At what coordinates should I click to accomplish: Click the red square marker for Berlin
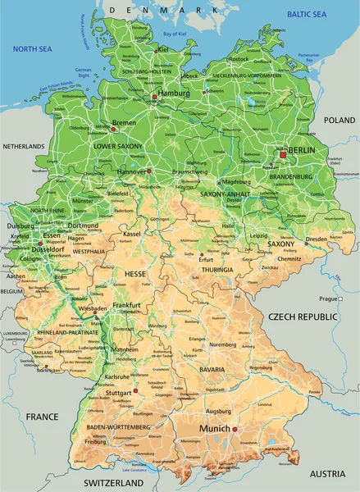(283, 153)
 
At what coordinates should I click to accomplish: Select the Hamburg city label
(173, 93)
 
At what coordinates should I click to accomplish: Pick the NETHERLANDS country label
(24, 146)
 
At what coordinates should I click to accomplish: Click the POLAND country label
(339, 120)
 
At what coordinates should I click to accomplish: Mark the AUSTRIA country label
(327, 474)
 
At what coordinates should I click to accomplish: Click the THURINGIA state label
(216, 269)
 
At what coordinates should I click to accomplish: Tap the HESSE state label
(135, 272)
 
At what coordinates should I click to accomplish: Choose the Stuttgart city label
(119, 393)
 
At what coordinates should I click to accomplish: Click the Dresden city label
(317, 239)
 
